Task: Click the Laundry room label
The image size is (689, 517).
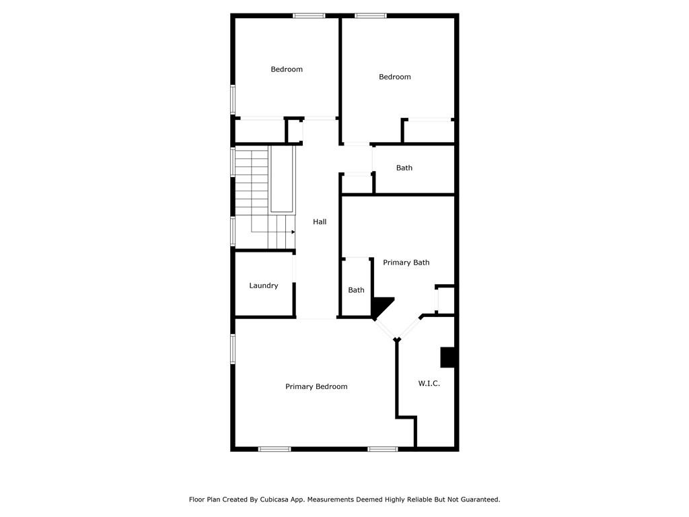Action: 264,285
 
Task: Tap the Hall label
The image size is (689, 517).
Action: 320,221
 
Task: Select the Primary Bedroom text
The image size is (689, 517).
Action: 316,386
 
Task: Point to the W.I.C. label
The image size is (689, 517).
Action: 429,383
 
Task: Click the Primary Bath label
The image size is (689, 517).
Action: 406,263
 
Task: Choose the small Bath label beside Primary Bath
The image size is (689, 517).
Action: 356,290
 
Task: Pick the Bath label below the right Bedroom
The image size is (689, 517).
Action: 404,168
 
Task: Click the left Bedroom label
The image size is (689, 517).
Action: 287,69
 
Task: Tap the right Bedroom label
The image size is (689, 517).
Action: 394,77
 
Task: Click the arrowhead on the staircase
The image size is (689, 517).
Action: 293,232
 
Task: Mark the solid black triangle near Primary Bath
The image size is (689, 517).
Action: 381,306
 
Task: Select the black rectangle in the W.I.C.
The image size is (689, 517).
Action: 447,357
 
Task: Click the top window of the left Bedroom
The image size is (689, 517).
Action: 309,16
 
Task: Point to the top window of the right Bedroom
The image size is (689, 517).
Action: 371,16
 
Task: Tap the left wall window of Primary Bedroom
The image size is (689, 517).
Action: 233,349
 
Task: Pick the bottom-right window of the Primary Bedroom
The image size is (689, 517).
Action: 383,449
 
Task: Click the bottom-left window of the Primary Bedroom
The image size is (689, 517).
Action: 275,449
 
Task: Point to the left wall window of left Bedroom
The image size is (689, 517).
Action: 233,100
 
